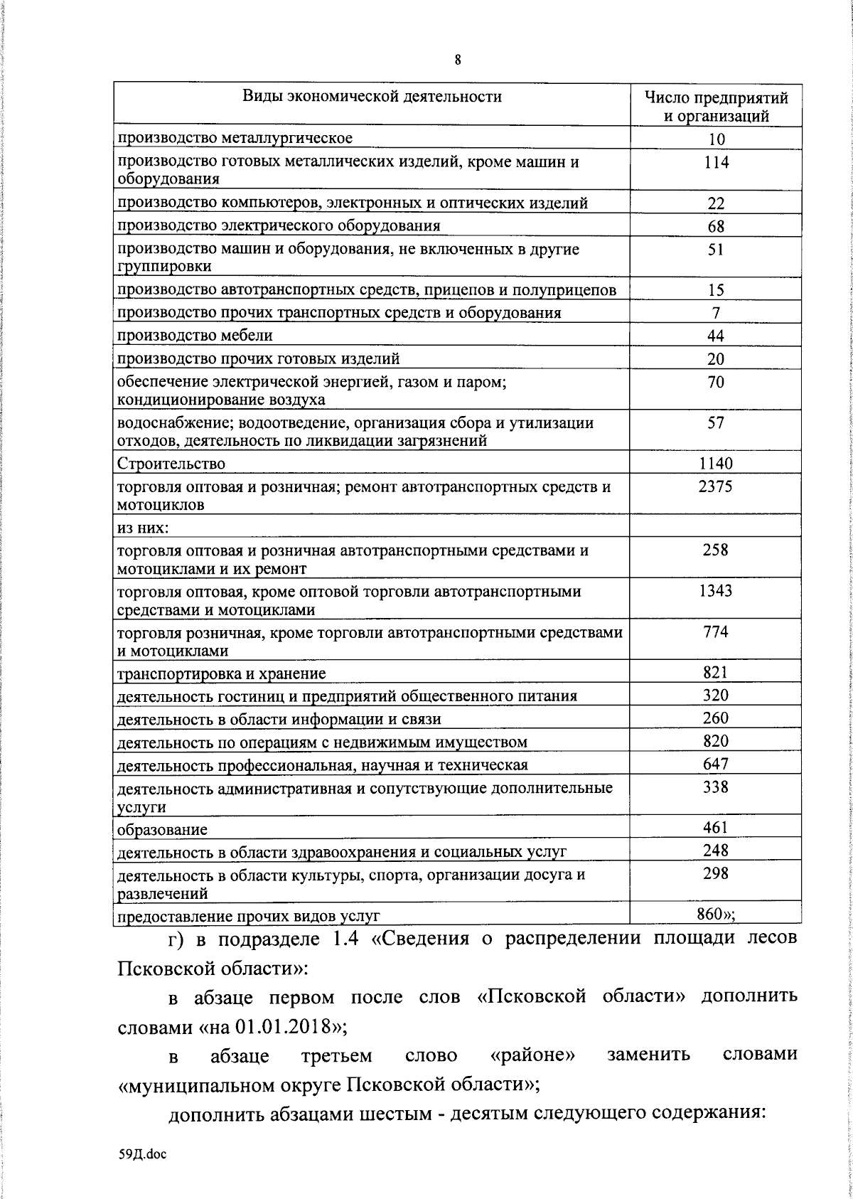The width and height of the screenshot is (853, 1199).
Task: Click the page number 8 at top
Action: (458, 60)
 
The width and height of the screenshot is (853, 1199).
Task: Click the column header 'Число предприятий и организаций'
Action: (716, 106)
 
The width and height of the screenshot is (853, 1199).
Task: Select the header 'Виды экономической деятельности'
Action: (372, 96)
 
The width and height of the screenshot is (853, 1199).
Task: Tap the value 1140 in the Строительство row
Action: (716, 464)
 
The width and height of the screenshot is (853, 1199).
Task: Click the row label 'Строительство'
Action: (171, 464)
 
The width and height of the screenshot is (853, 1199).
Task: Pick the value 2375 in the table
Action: (716, 486)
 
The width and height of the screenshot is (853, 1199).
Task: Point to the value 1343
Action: (716, 590)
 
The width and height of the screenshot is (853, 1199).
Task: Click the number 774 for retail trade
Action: (716, 631)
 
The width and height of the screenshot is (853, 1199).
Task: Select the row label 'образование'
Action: (162, 830)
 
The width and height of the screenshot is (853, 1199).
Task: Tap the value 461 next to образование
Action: (716, 827)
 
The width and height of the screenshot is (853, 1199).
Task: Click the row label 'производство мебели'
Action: (195, 335)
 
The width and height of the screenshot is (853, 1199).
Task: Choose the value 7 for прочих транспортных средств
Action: (716, 312)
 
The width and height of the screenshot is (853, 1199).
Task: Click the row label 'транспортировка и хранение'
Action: (221, 673)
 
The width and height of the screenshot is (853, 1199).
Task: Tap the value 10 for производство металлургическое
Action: (716, 139)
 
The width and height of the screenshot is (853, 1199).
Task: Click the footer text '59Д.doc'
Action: (142, 1155)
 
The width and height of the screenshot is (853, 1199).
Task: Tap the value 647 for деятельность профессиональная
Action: (716, 764)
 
